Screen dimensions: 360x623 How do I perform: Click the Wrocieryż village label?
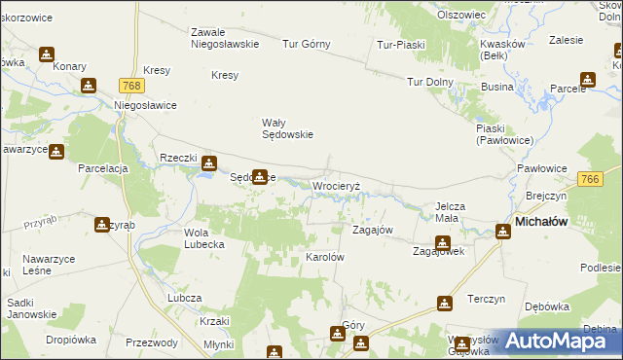336,185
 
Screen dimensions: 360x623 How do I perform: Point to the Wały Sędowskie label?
287,128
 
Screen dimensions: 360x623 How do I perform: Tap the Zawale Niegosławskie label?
224,37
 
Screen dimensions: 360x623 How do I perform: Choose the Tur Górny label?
307,44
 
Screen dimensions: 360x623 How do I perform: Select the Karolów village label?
326,257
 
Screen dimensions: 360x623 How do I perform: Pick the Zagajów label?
372,230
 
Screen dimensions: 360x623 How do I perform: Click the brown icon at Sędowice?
259,177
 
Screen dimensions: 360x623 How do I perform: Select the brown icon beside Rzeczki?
207,166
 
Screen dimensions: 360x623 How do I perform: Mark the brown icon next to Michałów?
502,232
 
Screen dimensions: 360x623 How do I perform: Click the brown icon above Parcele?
587,80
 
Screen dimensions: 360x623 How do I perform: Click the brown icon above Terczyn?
445,304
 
